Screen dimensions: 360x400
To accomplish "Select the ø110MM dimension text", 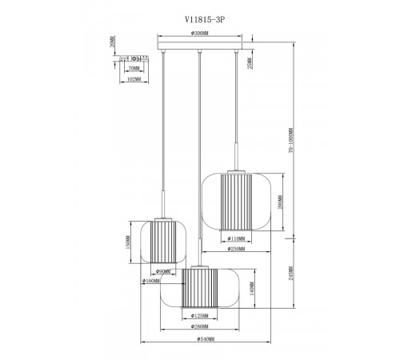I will (237, 239).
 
